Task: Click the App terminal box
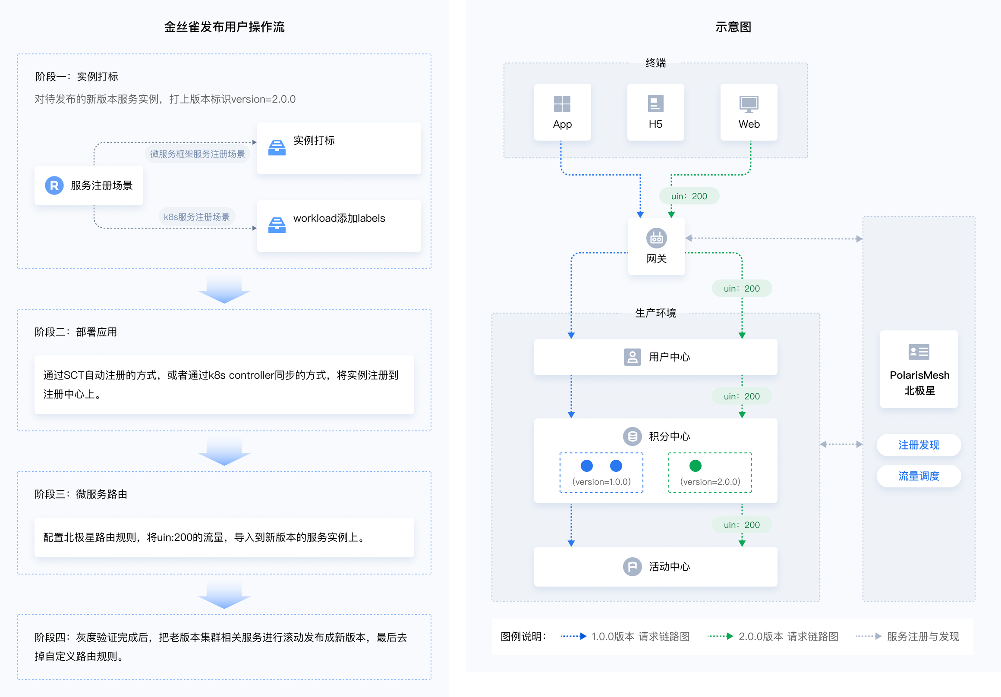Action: tap(562, 112)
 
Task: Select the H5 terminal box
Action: tap(655, 112)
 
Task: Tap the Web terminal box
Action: tap(749, 112)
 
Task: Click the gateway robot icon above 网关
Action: tap(656, 238)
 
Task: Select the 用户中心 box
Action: tap(655, 357)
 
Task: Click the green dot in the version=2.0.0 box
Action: tap(696, 466)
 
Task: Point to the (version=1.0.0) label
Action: tap(601, 482)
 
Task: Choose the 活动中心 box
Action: tap(655, 567)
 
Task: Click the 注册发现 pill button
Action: tap(919, 445)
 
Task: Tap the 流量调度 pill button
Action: tap(919, 476)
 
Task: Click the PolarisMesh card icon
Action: tap(919, 352)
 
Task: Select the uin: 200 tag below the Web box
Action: tap(689, 196)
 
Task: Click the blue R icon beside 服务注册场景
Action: tap(54, 185)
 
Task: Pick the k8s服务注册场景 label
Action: tap(197, 217)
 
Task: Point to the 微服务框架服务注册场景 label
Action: tap(197, 154)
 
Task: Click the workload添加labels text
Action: tap(339, 218)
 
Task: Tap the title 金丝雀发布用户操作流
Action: tap(224, 27)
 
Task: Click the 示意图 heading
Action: tap(733, 27)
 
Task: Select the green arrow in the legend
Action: tap(720, 637)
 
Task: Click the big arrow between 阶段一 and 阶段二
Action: tap(224, 290)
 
